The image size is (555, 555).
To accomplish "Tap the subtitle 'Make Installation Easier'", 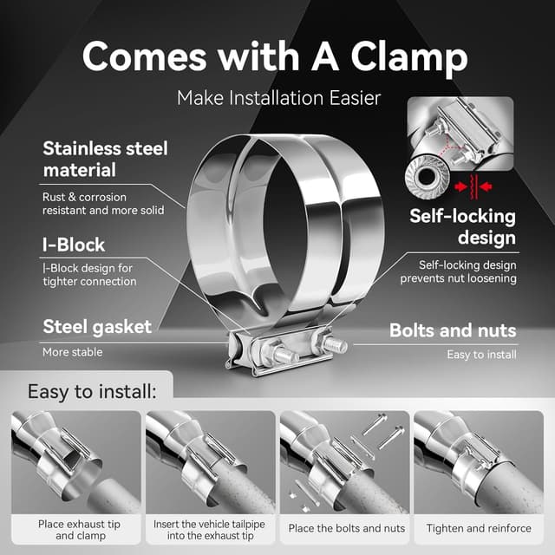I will pos(278,97).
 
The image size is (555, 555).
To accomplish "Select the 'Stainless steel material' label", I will pos(105,159).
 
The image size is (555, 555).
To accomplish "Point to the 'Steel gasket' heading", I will pos(97,327).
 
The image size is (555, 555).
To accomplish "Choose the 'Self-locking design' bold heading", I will pos(462,227).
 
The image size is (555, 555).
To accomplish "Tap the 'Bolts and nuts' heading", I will pos(453,330).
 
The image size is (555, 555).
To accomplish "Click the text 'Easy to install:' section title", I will pos(92,391).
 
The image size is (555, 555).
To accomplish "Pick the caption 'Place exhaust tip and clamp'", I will pos(76,530).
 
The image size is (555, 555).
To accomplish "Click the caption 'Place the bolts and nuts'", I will pos(346,528).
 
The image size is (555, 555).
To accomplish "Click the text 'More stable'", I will pos(72,352).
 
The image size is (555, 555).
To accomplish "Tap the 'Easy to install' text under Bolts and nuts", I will pos(481,354).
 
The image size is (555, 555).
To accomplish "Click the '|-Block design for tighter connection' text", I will pos(89,275).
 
